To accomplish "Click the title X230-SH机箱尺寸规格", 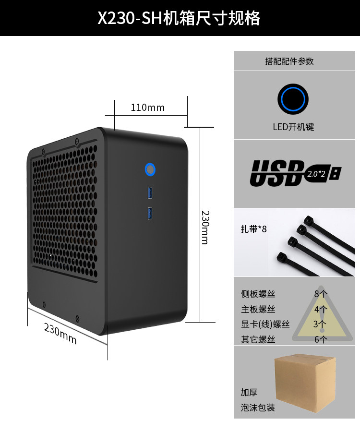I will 180,18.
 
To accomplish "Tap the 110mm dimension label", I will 148,107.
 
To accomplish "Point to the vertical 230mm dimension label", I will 205,227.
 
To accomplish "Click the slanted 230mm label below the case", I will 60,333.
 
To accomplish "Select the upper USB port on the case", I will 150,193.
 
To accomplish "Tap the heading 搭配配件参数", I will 289,61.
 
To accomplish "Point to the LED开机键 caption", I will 293,127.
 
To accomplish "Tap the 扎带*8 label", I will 253,229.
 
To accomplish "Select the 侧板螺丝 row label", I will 258,294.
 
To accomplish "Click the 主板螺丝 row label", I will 258,309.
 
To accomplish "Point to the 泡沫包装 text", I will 258,408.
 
